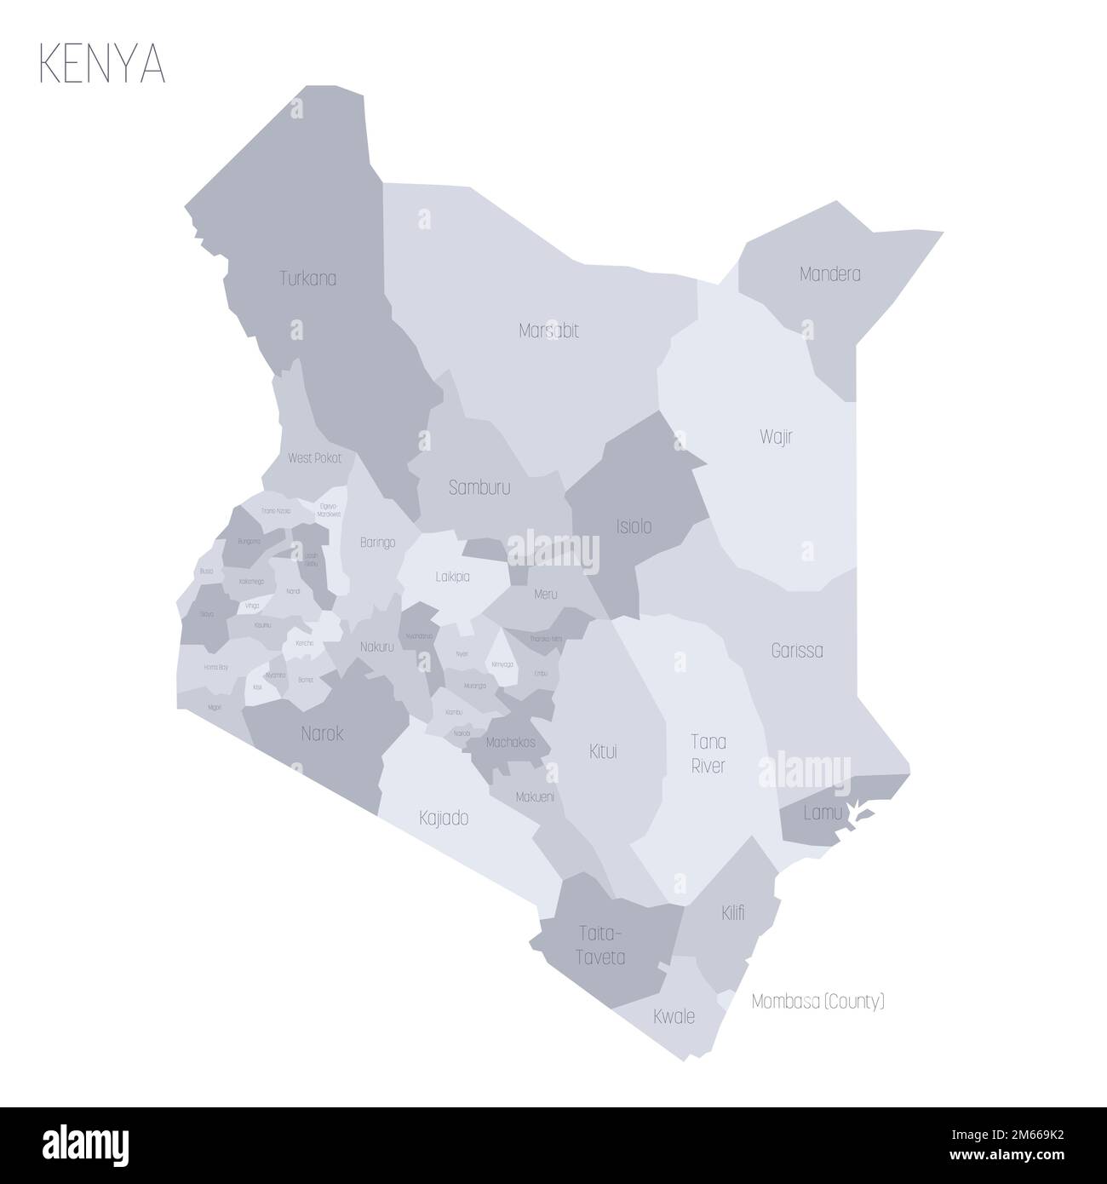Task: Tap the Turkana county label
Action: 308,278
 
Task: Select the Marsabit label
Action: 548,330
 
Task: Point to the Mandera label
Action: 829,274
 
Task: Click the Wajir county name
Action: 776,437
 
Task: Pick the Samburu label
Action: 479,488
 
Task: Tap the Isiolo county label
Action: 634,526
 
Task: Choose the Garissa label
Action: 796,651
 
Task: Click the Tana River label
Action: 708,753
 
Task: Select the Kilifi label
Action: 731,913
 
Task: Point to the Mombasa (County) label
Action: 817,1002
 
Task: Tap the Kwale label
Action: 674,1016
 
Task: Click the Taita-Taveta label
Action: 598,945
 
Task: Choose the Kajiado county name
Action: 444,819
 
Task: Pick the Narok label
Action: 323,733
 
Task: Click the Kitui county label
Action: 603,751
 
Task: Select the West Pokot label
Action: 314,457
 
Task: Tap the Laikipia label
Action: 452,577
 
